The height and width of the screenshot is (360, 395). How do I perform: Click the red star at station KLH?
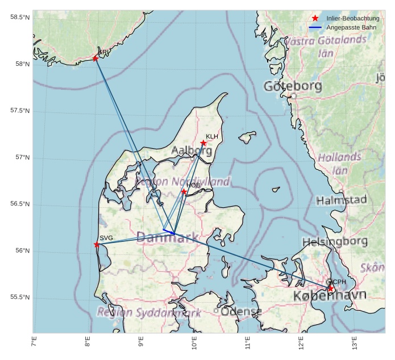pyautogui.click(x=203, y=143)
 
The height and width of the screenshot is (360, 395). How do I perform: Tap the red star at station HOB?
pyautogui.click(x=184, y=192)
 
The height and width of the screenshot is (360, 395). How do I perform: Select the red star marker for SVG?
pyautogui.click(x=97, y=244)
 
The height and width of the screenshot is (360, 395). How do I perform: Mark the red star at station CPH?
pyautogui.click(x=331, y=288)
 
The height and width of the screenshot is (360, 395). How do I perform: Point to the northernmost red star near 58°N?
pyautogui.click(x=95, y=58)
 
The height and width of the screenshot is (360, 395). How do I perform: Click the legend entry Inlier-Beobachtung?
pyautogui.click(x=352, y=19)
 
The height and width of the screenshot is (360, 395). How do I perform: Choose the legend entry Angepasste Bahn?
pyautogui.click(x=349, y=27)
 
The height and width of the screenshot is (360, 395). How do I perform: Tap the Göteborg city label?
pyautogui.click(x=293, y=86)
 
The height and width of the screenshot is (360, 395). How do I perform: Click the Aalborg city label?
pyautogui.click(x=192, y=150)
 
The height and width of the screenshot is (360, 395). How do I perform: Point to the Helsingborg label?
pyautogui.click(x=335, y=242)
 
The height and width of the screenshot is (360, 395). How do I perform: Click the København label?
pyautogui.click(x=330, y=296)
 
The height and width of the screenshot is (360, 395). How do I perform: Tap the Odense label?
pyautogui.click(x=241, y=312)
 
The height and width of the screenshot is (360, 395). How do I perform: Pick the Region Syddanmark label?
pyautogui.click(x=149, y=312)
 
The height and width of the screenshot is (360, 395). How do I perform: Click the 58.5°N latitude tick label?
pyautogui.click(x=20, y=17)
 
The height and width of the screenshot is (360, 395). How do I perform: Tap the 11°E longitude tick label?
pyautogui.click(x=247, y=345)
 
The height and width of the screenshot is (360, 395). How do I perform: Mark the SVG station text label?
pyautogui.click(x=106, y=238)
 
